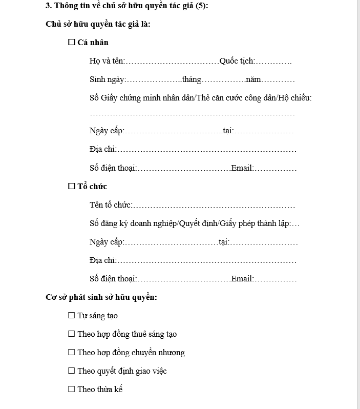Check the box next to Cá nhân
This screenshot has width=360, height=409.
coord(72,43)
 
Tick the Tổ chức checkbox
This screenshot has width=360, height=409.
coord(72,187)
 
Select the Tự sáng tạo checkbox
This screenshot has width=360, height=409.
coord(71,316)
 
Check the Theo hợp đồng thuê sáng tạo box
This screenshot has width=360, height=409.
coord(71,334)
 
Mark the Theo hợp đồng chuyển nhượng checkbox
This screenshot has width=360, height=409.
coord(71,353)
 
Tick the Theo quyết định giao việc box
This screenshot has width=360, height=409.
coord(71,371)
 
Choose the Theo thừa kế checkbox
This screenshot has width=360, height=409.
coord(71,390)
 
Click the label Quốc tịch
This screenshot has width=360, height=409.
coord(237,61)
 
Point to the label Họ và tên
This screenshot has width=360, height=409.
coord(107,61)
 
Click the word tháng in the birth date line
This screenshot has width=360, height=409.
coord(192,79)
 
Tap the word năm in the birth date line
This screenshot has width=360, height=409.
coord(253,79)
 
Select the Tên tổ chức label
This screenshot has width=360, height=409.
coord(111,205)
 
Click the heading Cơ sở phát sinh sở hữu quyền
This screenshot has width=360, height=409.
coord(101,297)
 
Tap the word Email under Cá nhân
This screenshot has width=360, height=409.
coord(242,168)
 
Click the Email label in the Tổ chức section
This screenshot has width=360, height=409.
coord(242,279)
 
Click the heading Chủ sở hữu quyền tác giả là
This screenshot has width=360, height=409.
coord(97,24)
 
